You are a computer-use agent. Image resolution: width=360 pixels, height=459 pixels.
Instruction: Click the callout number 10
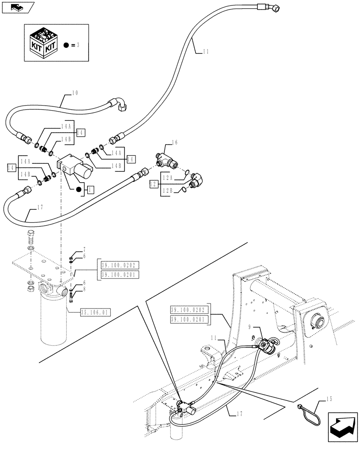coord(75,93)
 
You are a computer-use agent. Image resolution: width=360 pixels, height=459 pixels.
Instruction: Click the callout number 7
coord(84,250)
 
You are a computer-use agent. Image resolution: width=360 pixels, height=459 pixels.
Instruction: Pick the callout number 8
coord(84,290)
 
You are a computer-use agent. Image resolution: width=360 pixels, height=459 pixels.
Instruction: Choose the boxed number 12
coord(153,185)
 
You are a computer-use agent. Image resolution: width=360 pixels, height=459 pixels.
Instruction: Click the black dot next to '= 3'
coord(67,45)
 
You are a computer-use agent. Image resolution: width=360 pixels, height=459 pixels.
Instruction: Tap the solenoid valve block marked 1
coord(74,167)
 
